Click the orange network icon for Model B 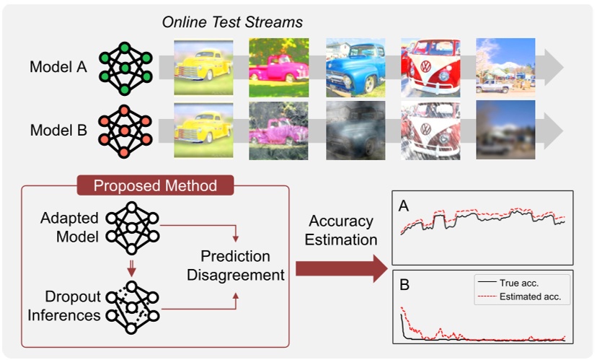pyautogui.click(x=124, y=130)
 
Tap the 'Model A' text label pyautogui.click(x=58, y=68)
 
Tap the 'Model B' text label pyautogui.click(x=58, y=131)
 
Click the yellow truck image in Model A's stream pyautogui.click(x=204, y=67)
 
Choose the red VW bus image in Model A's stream pyautogui.click(x=430, y=67)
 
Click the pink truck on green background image pyautogui.click(x=279, y=67)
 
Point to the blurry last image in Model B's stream pyautogui.click(x=505, y=129)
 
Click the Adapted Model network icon pyautogui.click(x=132, y=226)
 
